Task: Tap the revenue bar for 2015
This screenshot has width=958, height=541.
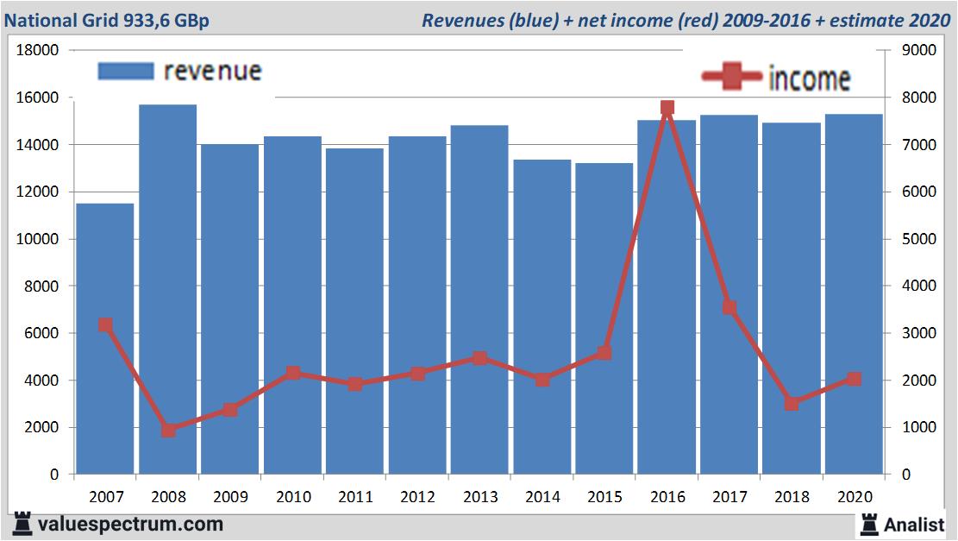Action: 604,318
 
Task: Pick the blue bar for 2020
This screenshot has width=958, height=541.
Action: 854,293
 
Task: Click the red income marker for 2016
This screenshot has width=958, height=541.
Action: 667,108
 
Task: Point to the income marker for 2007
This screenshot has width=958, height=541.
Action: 105,325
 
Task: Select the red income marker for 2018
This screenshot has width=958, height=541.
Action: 792,404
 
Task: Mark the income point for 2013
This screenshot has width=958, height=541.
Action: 479,358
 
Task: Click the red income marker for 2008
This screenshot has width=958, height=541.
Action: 168,430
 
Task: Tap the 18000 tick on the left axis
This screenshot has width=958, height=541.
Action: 38,50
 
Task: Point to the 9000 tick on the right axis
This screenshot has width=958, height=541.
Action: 917,50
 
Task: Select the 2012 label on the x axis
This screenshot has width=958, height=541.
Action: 416,497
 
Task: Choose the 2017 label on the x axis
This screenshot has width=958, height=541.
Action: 729,497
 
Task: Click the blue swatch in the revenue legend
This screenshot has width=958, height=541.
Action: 125,71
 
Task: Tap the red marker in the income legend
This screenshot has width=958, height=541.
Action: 734,77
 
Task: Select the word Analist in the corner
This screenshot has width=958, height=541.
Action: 915,524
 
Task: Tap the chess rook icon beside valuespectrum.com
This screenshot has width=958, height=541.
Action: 22,524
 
